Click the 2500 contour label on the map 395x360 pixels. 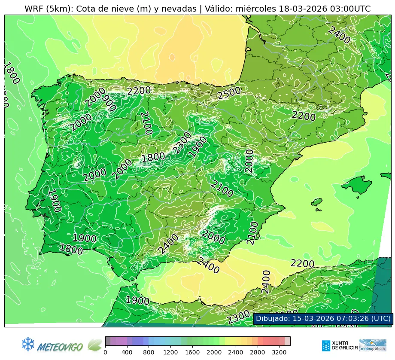pos(228,94)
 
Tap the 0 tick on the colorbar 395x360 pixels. pos(105,352)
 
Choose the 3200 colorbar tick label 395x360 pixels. pos(280,352)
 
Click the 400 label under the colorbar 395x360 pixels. pos(127,352)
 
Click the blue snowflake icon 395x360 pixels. pos(28,344)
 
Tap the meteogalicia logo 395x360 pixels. pos(372,345)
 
